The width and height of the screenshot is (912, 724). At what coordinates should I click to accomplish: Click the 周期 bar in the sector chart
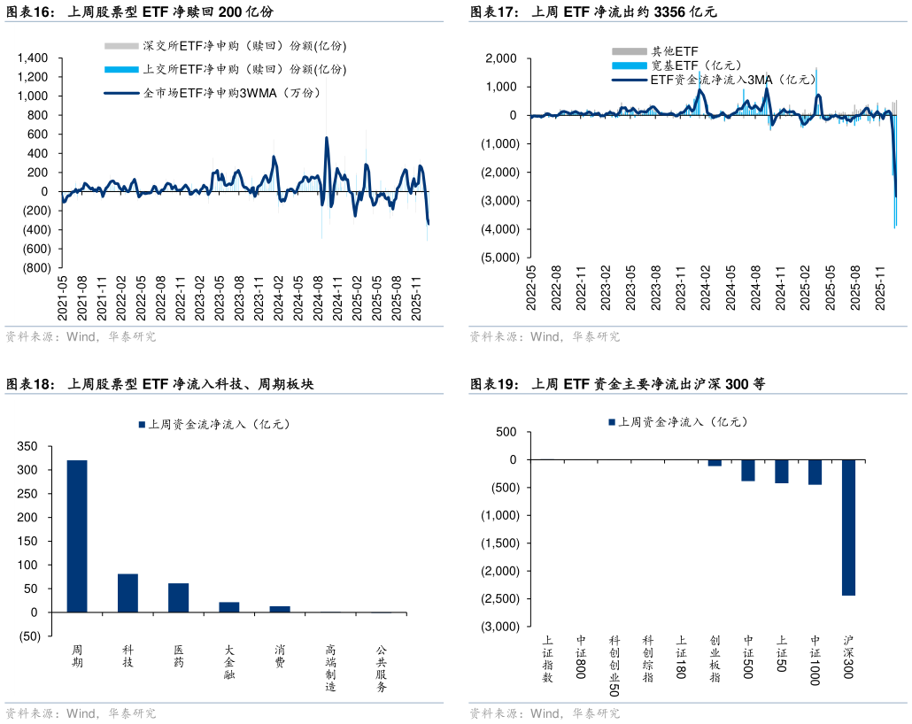77,535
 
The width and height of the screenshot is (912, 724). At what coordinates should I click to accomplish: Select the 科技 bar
128,593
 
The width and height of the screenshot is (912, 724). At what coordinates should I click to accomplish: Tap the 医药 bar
178,597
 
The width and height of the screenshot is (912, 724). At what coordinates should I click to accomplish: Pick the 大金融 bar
229,607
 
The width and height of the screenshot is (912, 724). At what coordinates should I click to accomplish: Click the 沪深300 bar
848,528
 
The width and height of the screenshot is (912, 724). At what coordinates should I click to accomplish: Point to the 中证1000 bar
815,472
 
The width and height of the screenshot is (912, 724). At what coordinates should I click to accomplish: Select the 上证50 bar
781,471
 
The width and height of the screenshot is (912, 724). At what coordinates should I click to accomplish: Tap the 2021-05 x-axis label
62,299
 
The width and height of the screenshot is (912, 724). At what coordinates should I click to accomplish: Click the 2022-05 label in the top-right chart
531,289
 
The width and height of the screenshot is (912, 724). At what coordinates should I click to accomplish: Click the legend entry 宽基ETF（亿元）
695,65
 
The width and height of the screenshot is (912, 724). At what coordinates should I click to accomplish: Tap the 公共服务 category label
381,668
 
